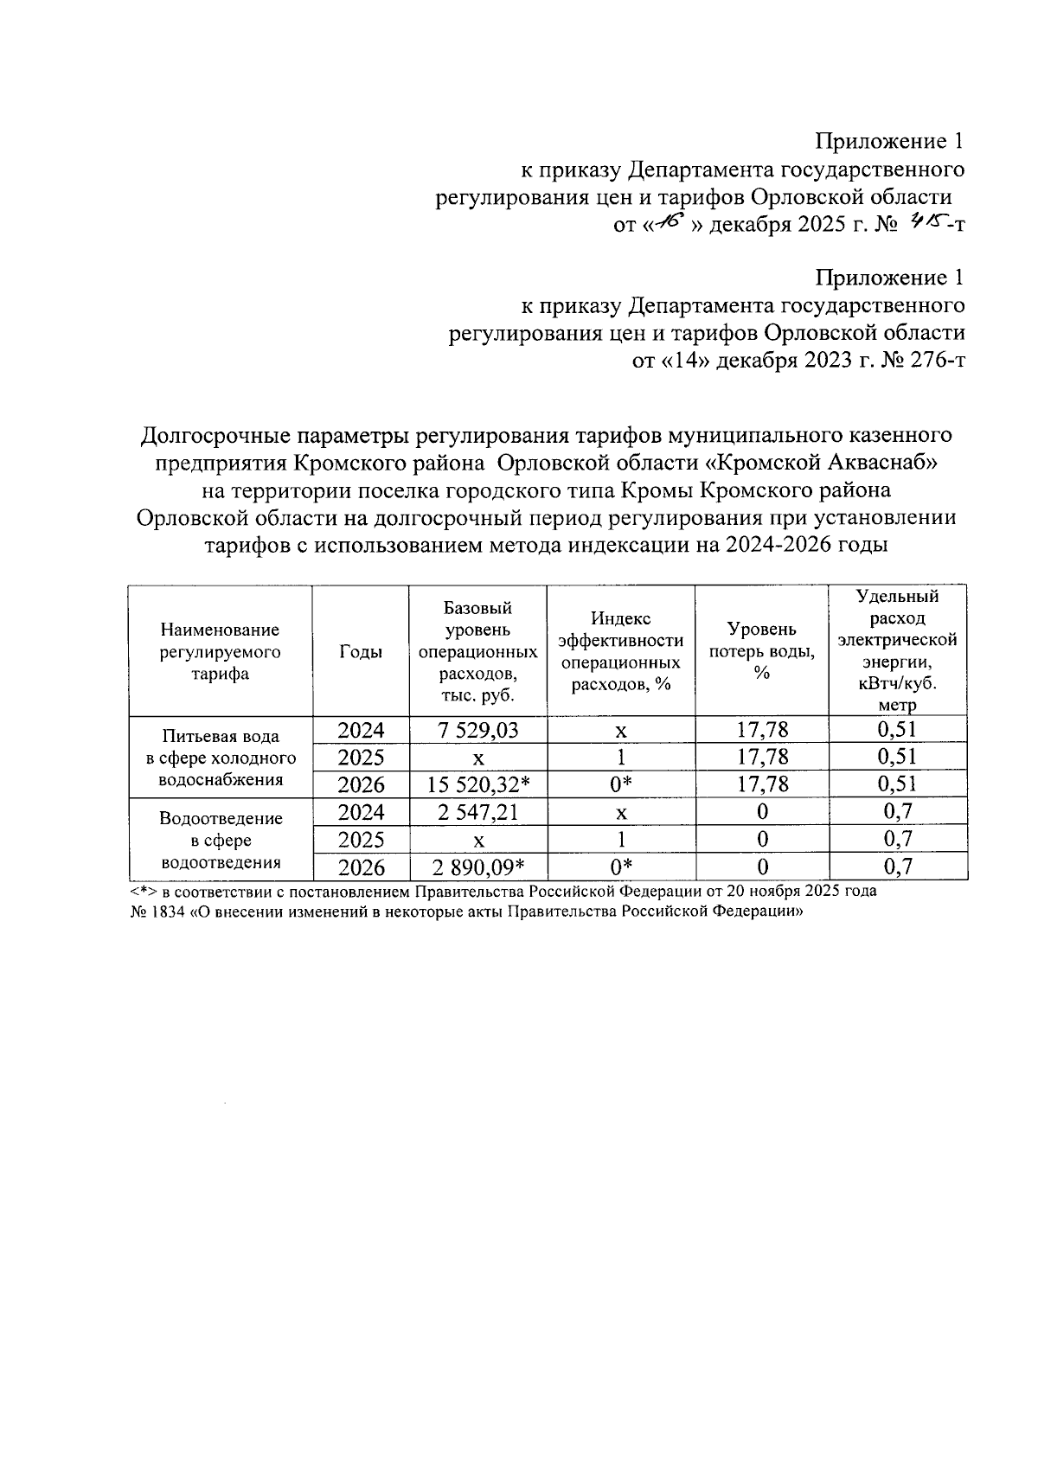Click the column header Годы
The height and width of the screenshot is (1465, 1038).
361,652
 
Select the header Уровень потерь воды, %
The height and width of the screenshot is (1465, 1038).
761,650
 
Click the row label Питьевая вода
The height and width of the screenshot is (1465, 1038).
221,737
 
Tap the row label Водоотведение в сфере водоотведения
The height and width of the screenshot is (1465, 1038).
221,840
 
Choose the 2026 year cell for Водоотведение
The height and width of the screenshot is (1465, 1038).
361,867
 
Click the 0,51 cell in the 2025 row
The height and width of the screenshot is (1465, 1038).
896,757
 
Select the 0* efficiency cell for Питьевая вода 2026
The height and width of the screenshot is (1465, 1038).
621,784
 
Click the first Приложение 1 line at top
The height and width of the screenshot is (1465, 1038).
889,141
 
